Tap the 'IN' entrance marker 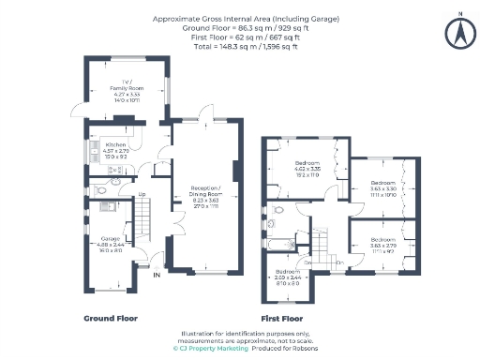(157, 275)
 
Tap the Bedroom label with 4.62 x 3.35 (308, 169)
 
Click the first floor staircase (322, 247)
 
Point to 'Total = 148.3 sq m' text (240, 44)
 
